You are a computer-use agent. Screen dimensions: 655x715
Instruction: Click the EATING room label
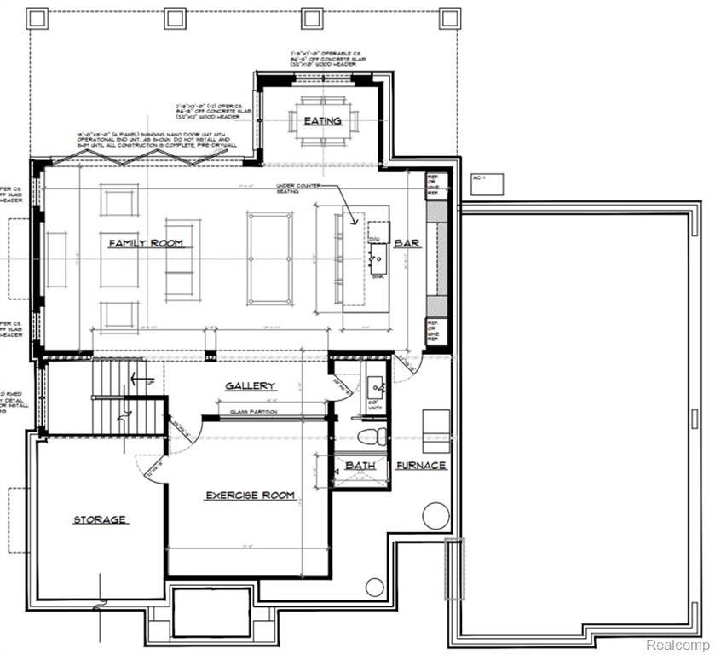[322, 121]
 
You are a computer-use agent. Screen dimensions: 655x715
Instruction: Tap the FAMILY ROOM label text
[145, 244]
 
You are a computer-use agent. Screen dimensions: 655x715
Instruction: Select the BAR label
[407, 244]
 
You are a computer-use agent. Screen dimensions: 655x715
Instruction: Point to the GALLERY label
[250, 386]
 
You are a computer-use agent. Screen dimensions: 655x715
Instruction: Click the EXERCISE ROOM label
[250, 495]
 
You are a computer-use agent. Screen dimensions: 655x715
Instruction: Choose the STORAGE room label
[99, 519]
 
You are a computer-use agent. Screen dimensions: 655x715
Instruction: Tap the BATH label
[360, 466]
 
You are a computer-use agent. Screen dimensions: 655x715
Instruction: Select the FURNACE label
[421, 466]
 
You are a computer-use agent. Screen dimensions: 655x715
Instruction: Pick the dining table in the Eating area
[322, 121]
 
